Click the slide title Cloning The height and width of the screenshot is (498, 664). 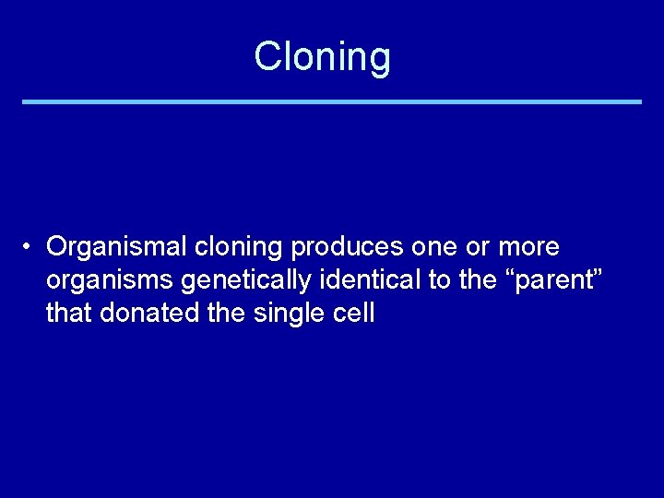323,56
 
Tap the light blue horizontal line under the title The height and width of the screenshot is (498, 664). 332,101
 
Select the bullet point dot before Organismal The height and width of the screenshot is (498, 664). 30,247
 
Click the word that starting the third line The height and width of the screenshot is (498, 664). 69,313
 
